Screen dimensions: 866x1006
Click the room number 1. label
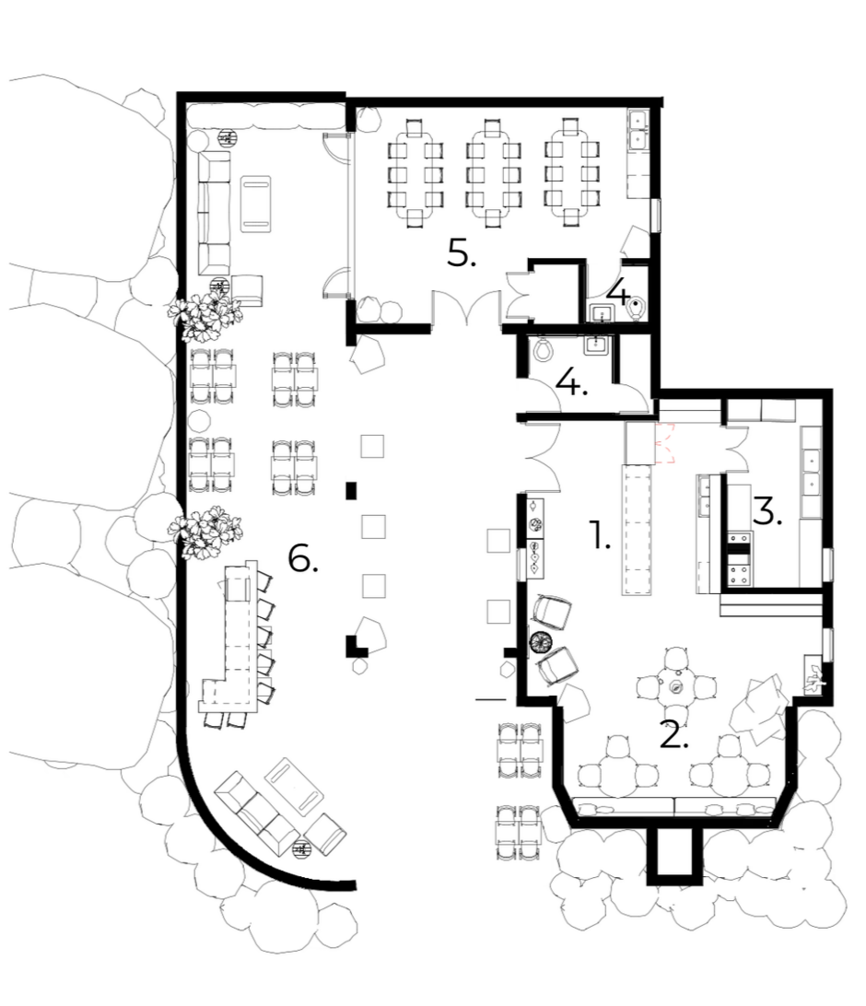(x=599, y=535)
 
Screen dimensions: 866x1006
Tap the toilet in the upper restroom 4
(x=637, y=309)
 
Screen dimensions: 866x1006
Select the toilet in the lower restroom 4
(x=544, y=349)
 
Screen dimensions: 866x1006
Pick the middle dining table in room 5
(x=492, y=172)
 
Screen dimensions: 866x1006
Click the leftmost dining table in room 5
(x=415, y=172)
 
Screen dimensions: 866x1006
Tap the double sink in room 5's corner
(x=638, y=129)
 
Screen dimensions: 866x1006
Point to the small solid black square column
(x=351, y=491)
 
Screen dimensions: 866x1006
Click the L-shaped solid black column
(x=355, y=646)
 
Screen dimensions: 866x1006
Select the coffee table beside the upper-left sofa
(x=255, y=204)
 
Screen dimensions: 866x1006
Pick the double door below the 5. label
(x=466, y=307)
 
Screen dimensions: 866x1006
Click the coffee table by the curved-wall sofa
(x=295, y=788)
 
